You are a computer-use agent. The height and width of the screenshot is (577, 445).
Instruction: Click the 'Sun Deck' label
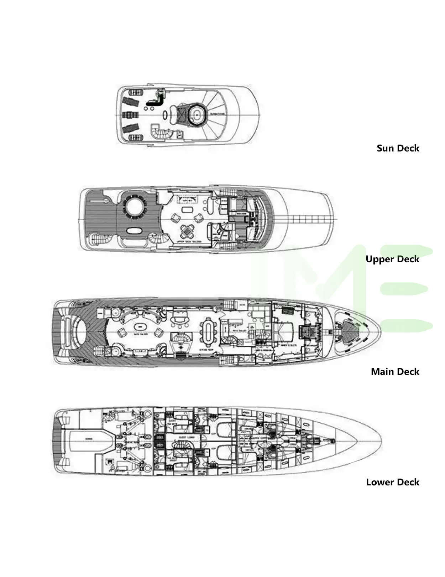tap(398, 148)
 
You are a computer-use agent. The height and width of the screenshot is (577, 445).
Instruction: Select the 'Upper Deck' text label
tap(392, 259)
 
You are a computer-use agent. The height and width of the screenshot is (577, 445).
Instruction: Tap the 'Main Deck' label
tap(395, 372)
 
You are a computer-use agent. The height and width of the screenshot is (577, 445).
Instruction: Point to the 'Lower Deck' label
tap(392, 482)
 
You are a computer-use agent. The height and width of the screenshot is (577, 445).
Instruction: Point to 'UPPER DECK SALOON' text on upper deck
tap(189, 241)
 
